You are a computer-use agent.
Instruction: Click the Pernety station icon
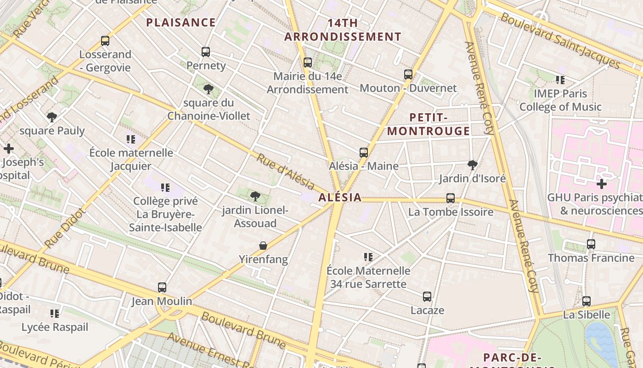(206, 52)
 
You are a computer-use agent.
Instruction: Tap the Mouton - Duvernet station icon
(408, 74)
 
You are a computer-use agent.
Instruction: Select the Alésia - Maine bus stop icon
(364, 152)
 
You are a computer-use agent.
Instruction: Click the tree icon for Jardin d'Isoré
(472, 165)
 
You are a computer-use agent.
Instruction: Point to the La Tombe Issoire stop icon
(451, 198)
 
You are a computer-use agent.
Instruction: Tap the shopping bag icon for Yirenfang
(263, 246)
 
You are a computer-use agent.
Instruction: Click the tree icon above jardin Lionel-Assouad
(255, 196)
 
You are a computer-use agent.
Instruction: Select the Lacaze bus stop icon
(427, 297)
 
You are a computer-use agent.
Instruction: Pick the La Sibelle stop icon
(587, 301)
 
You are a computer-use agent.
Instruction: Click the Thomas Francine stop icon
(591, 244)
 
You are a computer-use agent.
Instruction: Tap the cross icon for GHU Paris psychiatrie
(602, 184)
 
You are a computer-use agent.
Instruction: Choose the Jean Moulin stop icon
(162, 287)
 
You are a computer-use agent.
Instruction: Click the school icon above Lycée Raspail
(55, 314)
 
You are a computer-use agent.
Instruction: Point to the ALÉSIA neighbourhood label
(340, 198)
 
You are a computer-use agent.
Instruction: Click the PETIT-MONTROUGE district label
(429, 125)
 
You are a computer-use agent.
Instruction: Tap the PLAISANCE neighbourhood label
(181, 23)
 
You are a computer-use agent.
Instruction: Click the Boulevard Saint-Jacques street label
(560, 40)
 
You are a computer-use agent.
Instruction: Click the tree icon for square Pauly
(52, 117)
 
